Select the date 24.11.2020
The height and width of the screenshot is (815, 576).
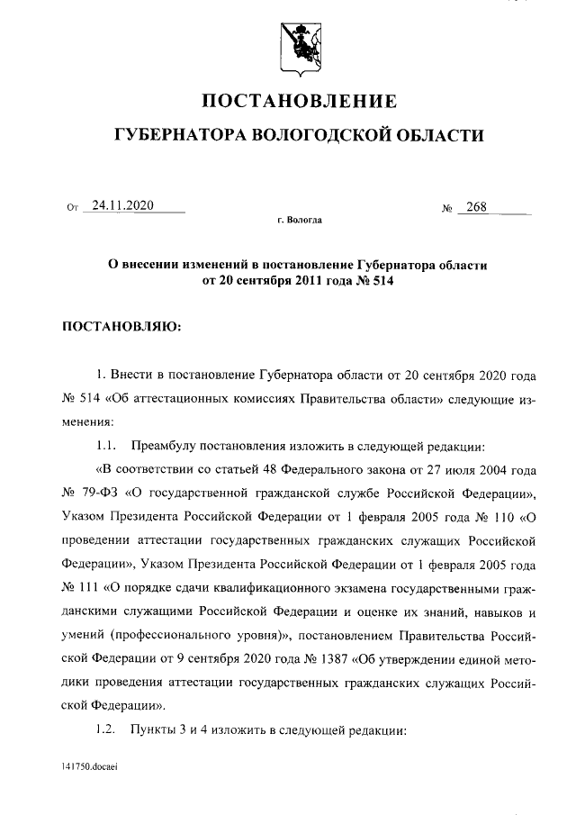(122, 206)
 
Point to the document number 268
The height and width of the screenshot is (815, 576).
(476, 207)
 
